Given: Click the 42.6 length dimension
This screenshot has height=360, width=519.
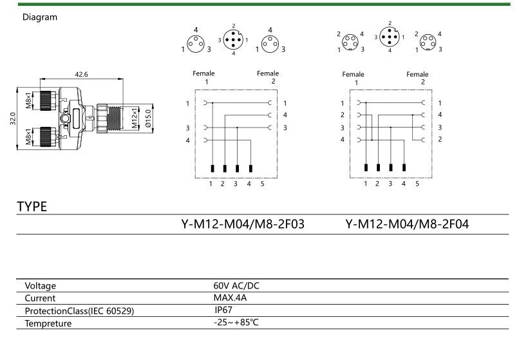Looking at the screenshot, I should (x=81, y=74).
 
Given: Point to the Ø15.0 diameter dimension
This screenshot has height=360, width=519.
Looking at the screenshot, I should (x=147, y=118).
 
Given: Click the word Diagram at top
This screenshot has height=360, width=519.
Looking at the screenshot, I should (x=40, y=17).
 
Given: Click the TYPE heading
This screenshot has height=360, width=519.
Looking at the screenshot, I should (x=32, y=207).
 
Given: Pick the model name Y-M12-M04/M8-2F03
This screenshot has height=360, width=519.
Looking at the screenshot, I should (x=243, y=224).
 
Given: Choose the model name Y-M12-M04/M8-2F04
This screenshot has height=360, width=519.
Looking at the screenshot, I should (x=407, y=224).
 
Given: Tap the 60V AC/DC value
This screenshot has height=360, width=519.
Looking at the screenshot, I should (x=236, y=285).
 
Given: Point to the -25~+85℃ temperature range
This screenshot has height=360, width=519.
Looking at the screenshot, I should (x=236, y=323).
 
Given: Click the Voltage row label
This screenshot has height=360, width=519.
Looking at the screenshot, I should (x=41, y=285).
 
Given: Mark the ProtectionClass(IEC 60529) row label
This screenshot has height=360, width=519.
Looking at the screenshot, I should (x=79, y=311).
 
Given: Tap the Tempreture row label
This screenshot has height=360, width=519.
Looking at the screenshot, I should (x=48, y=323).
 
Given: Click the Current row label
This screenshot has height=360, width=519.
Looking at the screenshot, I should (x=40, y=298).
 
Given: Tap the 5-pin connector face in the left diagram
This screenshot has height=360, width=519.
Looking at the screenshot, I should (x=233, y=40).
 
